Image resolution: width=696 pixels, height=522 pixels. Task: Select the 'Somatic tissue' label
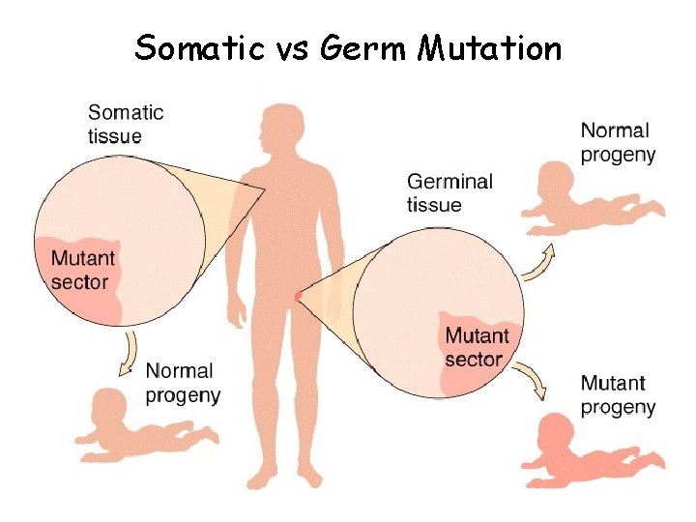pyautogui.click(x=126, y=124)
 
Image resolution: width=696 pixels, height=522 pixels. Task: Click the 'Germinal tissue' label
pyautogui.click(x=449, y=192)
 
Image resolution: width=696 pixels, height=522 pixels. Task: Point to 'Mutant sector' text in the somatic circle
pyautogui.click(x=82, y=271)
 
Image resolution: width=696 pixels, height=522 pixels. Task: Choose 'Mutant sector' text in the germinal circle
pyautogui.click(x=476, y=347)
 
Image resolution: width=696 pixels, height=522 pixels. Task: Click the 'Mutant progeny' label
pyautogui.click(x=618, y=395)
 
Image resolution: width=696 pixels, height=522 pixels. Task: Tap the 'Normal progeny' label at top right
pyautogui.click(x=618, y=142)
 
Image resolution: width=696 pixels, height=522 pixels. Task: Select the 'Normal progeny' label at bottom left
pyautogui.click(x=183, y=383)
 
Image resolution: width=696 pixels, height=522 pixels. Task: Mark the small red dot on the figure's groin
pyautogui.click(x=298, y=294)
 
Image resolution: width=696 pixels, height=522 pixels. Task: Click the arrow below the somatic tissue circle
pyautogui.click(x=128, y=354)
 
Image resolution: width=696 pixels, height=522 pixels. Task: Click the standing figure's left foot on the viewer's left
pyautogui.click(x=260, y=478)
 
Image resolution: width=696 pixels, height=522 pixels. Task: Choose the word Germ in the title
pyautogui.click(x=364, y=47)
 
